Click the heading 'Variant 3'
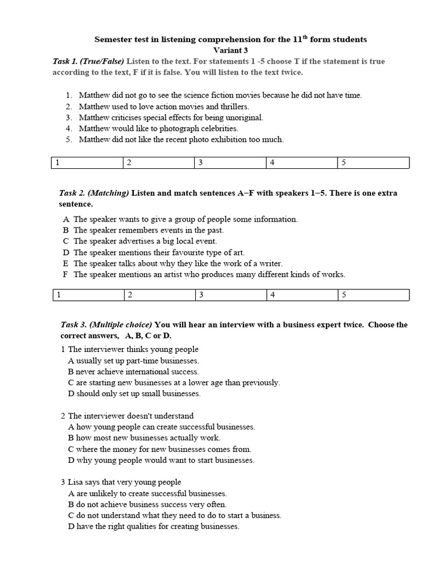click(230, 50)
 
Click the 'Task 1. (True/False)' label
click(88, 61)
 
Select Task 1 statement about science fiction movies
click(220, 95)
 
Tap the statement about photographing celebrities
click(158, 129)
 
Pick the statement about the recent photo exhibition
click(181, 140)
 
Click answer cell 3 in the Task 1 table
click(230, 163)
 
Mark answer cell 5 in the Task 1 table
click(373, 163)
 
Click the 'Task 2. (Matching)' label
click(95, 194)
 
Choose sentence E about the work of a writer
click(177, 264)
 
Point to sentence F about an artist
click(209, 274)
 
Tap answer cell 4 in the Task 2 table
click(302, 295)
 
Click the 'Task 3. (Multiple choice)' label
click(106, 325)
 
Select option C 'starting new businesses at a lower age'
click(173, 382)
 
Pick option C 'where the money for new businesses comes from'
click(159, 449)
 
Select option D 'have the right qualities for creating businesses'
click(153, 527)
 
